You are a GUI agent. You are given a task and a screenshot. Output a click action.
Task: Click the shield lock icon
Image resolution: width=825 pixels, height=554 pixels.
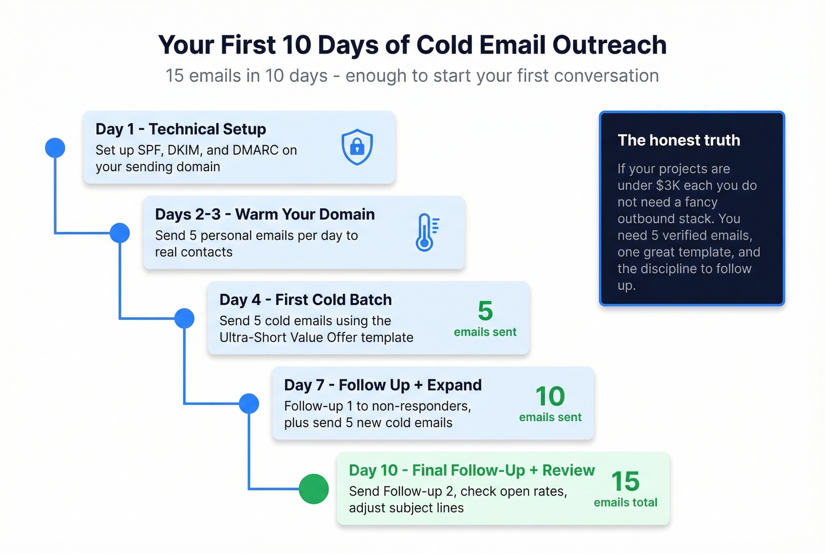357,147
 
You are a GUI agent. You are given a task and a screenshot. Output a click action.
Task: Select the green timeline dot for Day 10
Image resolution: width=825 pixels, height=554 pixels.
313,489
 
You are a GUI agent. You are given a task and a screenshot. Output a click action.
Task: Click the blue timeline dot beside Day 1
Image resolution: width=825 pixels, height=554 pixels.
55,147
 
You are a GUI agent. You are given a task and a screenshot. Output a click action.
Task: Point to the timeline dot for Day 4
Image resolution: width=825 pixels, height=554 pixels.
184,319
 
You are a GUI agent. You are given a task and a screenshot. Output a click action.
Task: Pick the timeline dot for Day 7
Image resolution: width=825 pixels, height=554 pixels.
249,404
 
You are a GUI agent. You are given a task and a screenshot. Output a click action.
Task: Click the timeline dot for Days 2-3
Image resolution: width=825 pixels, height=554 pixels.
120,233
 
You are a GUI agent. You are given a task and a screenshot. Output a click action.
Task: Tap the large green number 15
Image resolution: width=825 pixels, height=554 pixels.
625,481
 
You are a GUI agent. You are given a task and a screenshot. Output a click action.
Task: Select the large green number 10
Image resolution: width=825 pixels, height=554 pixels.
550,396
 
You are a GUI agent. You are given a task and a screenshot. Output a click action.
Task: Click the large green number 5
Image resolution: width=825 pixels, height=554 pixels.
485,311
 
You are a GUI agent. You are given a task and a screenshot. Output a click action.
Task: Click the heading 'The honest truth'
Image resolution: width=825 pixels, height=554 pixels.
679,140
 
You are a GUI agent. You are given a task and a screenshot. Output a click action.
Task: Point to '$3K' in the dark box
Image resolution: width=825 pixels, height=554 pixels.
668,185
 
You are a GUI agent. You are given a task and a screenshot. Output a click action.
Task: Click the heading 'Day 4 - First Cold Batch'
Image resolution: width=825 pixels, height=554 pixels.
305,300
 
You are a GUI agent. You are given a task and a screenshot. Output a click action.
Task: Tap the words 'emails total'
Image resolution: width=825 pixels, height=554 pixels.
625,503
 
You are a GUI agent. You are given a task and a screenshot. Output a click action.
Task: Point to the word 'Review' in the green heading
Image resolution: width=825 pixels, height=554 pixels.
568,470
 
